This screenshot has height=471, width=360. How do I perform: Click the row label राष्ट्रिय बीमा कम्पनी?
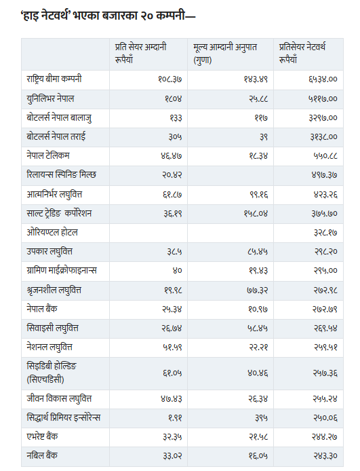click(x=54, y=79)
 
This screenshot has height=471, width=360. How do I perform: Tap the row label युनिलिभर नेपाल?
click(x=50, y=99)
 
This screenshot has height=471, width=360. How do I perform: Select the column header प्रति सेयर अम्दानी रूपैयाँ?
click(x=141, y=54)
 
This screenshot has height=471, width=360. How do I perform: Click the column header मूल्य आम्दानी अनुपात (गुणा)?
click(x=225, y=54)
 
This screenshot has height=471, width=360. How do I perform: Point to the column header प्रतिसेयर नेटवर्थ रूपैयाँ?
click(x=302, y=54)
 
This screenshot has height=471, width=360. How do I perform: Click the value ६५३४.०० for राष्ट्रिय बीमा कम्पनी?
click(x=323, y=79)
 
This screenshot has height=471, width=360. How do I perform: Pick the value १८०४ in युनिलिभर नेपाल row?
click(x=173, y=99)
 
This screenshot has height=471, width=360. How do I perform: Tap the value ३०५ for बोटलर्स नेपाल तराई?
click(x=175, y=137)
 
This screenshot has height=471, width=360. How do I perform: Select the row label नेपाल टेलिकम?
click(x=48, y=155)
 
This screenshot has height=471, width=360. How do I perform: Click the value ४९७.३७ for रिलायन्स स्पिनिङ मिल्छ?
click(x=324, y=175)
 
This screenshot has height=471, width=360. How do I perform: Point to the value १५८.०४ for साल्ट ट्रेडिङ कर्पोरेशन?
click(x=256, y=214)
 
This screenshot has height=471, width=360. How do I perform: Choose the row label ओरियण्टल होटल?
click(x=52, y=232)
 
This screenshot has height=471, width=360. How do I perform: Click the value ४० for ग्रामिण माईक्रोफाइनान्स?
click(x=177, y=271)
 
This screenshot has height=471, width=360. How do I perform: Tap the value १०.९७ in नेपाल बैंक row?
click(x=258, y=309)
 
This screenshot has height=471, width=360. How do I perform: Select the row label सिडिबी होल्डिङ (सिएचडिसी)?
click(x=52, y=373)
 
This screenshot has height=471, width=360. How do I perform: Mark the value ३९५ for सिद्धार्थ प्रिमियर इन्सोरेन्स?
click(x=261, y=418)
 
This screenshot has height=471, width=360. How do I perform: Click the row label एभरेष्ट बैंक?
click(x=42, y=436)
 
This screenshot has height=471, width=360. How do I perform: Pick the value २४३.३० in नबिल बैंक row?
click(x=325, y=456)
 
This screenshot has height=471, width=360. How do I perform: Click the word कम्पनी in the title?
click(x=170, y=16)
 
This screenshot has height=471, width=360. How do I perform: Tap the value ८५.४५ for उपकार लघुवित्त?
click(x=258, y=252)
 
